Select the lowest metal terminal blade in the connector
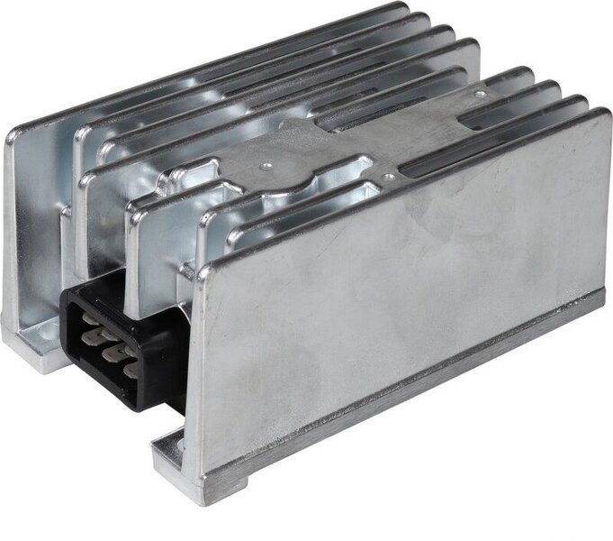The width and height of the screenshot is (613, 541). (130, 370)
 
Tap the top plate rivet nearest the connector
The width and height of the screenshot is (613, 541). (266, 166)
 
